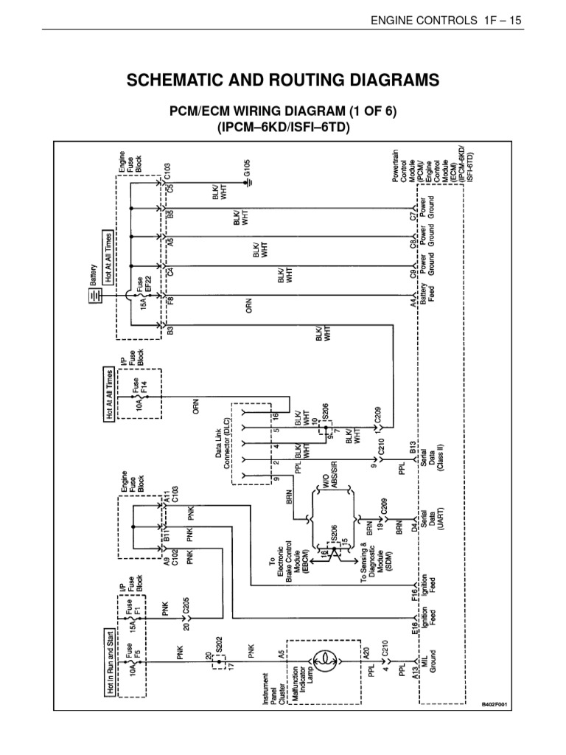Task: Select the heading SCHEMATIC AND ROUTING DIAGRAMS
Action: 282,80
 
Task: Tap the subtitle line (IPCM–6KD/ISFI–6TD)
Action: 282,128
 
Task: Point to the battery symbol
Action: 94,296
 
